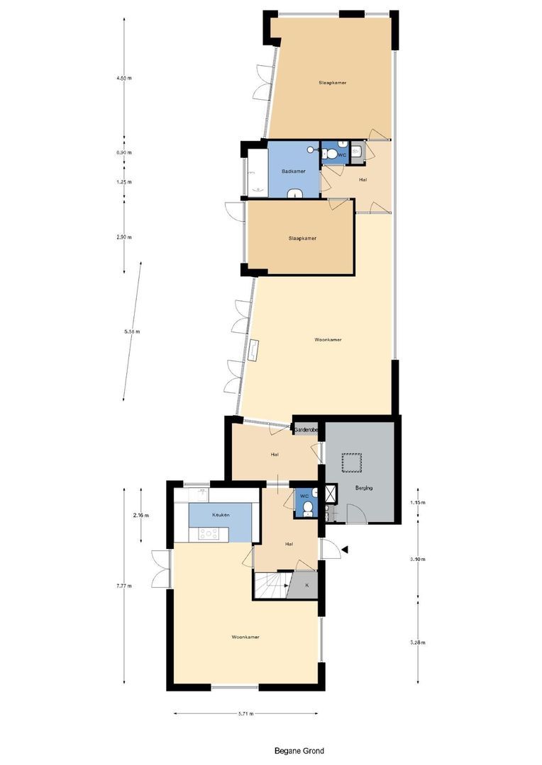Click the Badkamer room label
(293, 171)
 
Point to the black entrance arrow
(345, 549)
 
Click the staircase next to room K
(270, 586)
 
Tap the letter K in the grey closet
(307, 586)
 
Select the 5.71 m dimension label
(245, 714)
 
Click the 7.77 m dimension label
(123, 586)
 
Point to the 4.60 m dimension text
(124, 78)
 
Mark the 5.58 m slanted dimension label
(132, 331)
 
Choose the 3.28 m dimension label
(417, 642)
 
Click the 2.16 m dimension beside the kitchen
(140, 516)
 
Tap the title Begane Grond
(299, 751)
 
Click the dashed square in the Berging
(352, 463)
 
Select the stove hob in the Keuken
(209, 534)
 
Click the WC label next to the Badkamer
(341, 154)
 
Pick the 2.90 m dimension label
(124, 237)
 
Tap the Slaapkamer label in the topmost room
(332, 83)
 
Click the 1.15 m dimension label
(417, 503)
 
